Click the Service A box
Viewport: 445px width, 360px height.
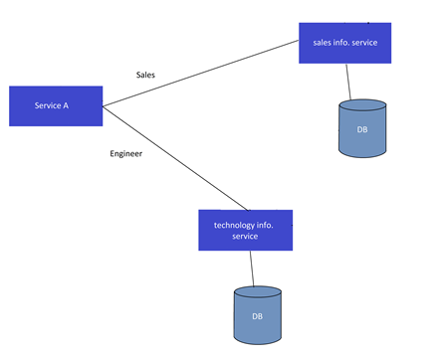tap(56, 105)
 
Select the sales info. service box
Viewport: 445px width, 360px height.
tap(344, 43)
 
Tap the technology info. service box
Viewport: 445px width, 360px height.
tap(245, 230)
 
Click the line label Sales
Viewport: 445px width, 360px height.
tap(146, 75)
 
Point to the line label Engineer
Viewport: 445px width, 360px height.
tap(125, 153)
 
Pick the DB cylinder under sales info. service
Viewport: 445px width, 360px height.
tap(361, 129)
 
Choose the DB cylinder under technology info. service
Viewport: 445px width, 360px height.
tap(257, 315)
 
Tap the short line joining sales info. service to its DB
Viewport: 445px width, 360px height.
tap(348, 82)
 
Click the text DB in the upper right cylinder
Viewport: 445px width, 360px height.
tap(361, 131)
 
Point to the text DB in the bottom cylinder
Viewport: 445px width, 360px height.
tap(257, 316)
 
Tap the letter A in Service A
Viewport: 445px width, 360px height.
tap(66, 105)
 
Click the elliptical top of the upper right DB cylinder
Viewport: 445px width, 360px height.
tap(361, 106)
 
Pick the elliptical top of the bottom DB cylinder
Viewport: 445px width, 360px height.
tap(257, 293)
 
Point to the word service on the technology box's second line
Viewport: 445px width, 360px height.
tap(245, 237)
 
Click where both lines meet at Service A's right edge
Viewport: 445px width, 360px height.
tap(103, 105)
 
